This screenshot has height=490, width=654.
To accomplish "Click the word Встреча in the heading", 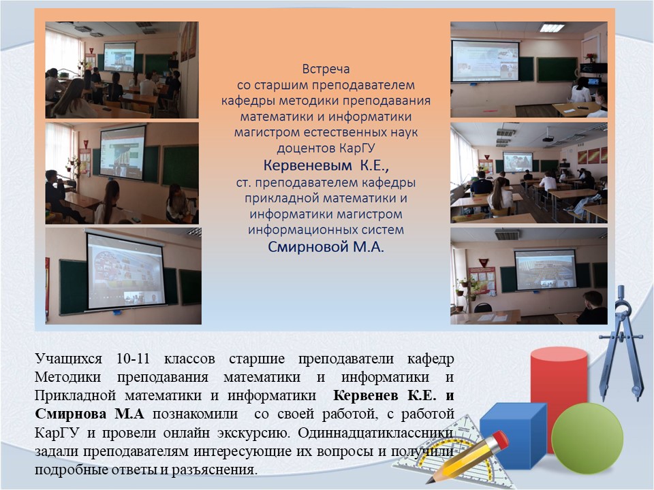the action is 326,69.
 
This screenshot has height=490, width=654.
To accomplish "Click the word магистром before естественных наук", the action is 267,133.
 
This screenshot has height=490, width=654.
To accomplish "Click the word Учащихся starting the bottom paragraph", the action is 68,359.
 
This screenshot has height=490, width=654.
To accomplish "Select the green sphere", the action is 587,438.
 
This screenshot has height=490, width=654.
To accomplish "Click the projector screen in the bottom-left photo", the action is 125,272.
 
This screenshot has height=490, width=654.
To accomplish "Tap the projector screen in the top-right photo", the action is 485,61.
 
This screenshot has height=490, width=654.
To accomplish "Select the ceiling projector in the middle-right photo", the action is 548,139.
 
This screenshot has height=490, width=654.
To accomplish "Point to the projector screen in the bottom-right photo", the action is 546,269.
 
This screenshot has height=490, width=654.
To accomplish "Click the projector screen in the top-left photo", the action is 119,57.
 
